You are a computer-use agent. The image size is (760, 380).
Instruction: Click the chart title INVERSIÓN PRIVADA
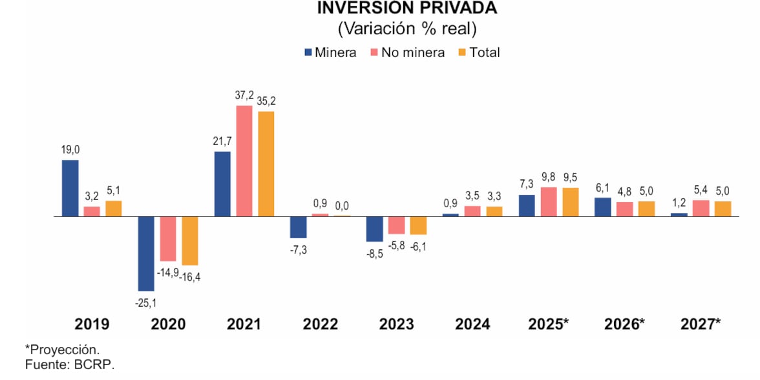407,8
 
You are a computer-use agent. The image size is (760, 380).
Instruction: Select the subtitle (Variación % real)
407,29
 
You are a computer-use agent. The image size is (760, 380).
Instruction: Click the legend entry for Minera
330,52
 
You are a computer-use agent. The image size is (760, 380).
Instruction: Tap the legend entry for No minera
407,52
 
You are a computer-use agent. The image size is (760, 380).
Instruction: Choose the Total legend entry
478,52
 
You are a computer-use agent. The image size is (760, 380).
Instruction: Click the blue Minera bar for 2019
70,188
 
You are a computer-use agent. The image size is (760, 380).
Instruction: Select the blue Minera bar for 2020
146,253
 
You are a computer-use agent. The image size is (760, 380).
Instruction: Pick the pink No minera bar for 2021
244,161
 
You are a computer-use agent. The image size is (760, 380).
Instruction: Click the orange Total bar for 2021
266,164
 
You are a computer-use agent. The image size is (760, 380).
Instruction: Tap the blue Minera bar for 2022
298,227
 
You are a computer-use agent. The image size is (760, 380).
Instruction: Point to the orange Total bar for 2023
418,225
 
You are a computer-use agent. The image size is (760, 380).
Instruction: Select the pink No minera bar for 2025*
549,201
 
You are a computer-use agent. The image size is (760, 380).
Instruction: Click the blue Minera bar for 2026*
602,207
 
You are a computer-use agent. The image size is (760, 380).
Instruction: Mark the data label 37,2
244,96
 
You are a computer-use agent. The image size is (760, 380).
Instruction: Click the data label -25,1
146,302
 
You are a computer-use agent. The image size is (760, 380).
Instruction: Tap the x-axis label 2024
472,324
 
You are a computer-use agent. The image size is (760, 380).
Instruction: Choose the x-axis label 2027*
701,324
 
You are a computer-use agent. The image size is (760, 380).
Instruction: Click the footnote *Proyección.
62,350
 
